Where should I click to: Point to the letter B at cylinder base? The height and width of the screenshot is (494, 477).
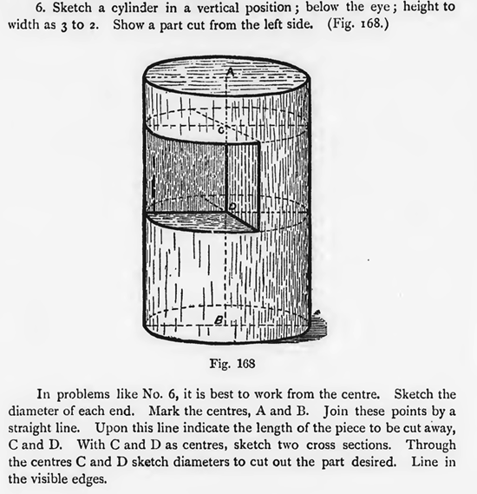(x=221, y=320)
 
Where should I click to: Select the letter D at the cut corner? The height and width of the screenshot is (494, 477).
(x=231, y=205)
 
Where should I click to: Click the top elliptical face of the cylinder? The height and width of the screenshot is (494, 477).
(x=228, y=84)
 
